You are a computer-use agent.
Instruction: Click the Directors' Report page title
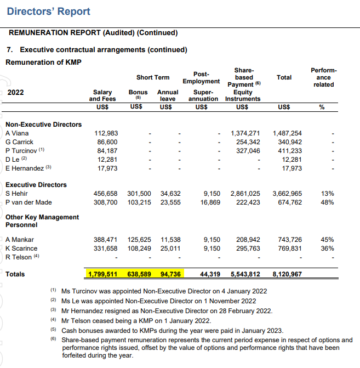click(49, 12)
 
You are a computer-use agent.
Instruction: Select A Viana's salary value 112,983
click(106, 133)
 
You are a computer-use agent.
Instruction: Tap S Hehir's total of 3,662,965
click(287, 194)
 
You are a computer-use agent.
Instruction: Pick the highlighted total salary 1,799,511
click(103, 274)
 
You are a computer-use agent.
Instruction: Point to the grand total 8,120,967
click(287, 274)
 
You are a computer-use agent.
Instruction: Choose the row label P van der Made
click(28, 202)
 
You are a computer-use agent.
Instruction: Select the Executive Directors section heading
click(36, 185)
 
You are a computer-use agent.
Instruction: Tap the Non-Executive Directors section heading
click(43, 124)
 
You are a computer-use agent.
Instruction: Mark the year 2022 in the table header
click(16, 92)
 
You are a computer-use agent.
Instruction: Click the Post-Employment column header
click(201, 77)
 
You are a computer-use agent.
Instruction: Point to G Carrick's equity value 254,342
click(245, 142)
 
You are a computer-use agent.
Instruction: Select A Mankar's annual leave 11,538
click(170, 240)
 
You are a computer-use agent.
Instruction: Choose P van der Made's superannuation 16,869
click(210, 202)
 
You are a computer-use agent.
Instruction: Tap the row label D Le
click(14, 160)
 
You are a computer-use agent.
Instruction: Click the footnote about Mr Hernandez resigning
click(165, 310)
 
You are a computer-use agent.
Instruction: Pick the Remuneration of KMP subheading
click(43, 62)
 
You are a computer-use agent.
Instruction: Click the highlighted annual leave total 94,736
click(170, 274)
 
